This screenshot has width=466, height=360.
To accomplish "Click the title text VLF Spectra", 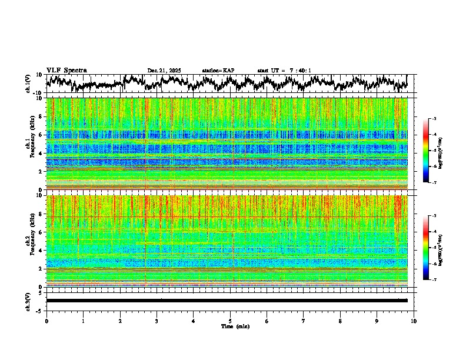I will [x=66, y=71].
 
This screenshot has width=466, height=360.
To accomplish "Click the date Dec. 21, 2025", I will [x=164, y=71].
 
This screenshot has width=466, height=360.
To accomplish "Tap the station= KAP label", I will [x=218, y=71].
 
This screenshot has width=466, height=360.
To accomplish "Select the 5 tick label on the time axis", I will [x=230, y=321].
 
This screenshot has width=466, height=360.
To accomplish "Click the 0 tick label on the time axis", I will [x=46, y=321].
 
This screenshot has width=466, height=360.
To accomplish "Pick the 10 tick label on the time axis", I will [x=414, y=321].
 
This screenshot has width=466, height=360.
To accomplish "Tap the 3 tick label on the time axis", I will [x=157, y=321].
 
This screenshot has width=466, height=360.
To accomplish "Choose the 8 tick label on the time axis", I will [x=340, y=321].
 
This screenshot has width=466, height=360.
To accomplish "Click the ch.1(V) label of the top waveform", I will [x=28, y=84].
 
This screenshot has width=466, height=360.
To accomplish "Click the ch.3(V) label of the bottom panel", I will [x=28, y=301].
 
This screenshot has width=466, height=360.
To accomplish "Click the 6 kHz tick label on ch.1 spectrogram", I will [x=41, y=135].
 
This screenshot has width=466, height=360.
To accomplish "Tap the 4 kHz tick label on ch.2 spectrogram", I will [x=41, y=251].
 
